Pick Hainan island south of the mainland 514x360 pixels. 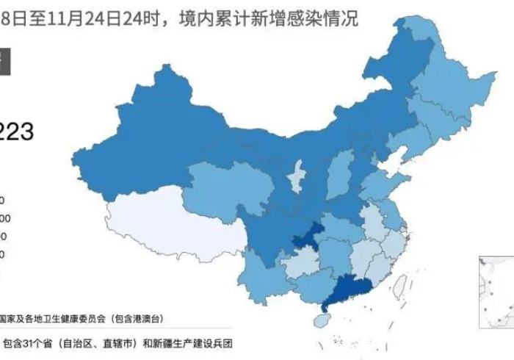tap(319, 321)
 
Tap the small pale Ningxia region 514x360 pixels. tap(297, 176)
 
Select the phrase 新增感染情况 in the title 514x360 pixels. tap(314, 18)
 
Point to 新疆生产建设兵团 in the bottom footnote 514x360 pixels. tap(184, 343)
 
